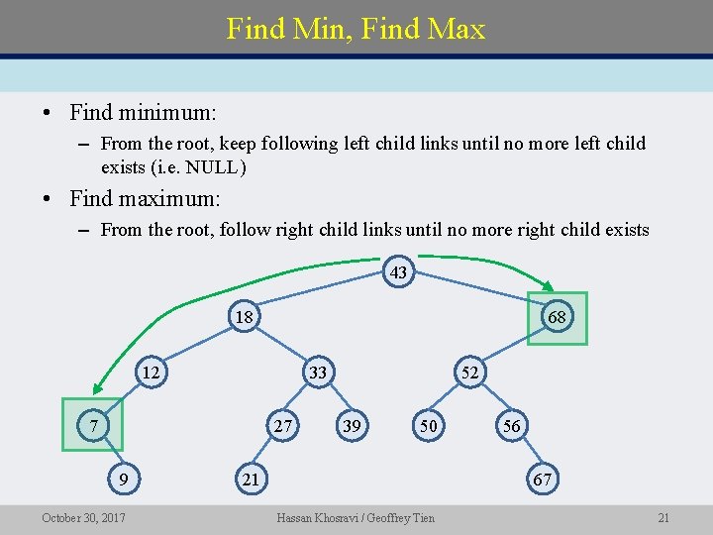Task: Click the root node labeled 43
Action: [398, 272]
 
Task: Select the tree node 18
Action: [243, 317]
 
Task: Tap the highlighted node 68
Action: [557, 318]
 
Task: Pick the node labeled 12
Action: [151, 373]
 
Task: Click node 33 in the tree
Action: [317, 373]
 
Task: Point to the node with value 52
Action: [469, 373]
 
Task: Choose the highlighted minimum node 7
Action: [91, 425]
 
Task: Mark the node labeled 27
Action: [284, 426]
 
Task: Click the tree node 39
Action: [351, 426]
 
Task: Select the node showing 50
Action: [428, 426]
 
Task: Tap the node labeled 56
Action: [511, 426]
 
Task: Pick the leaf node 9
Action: [123, 480]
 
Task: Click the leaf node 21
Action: [252, 480]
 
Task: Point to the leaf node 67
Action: [542, 480]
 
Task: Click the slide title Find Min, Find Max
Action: [356, 29]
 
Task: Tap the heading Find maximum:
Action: [145, 198]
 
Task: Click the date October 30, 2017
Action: [83, 517]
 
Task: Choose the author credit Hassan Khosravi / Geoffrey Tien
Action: [356, 517]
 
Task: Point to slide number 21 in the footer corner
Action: [663, 517]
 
